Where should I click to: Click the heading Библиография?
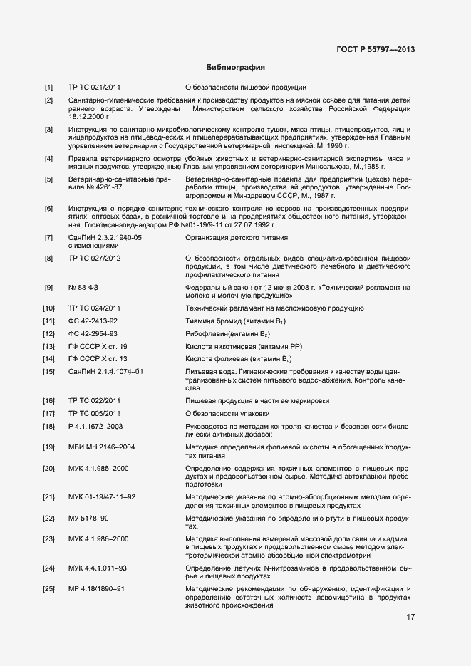235,68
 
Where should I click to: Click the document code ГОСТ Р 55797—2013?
375,49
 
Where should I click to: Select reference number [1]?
48,88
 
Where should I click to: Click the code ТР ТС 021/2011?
95,88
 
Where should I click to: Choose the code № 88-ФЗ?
84,287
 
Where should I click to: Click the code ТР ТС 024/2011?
95,308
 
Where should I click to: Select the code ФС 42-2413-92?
93,322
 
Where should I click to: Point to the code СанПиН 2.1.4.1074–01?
105,372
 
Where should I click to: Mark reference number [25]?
48,589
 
